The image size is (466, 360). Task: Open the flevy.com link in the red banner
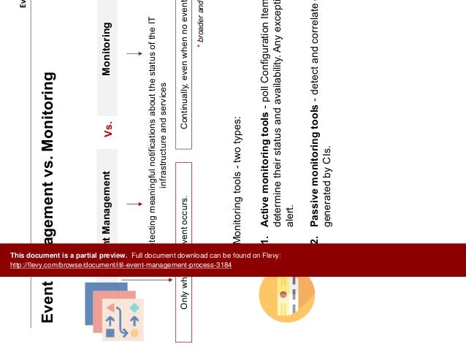pyautogui.click(x=121, y=265)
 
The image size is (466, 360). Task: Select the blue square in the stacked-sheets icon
pyautogui.click(x=110, y=333)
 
